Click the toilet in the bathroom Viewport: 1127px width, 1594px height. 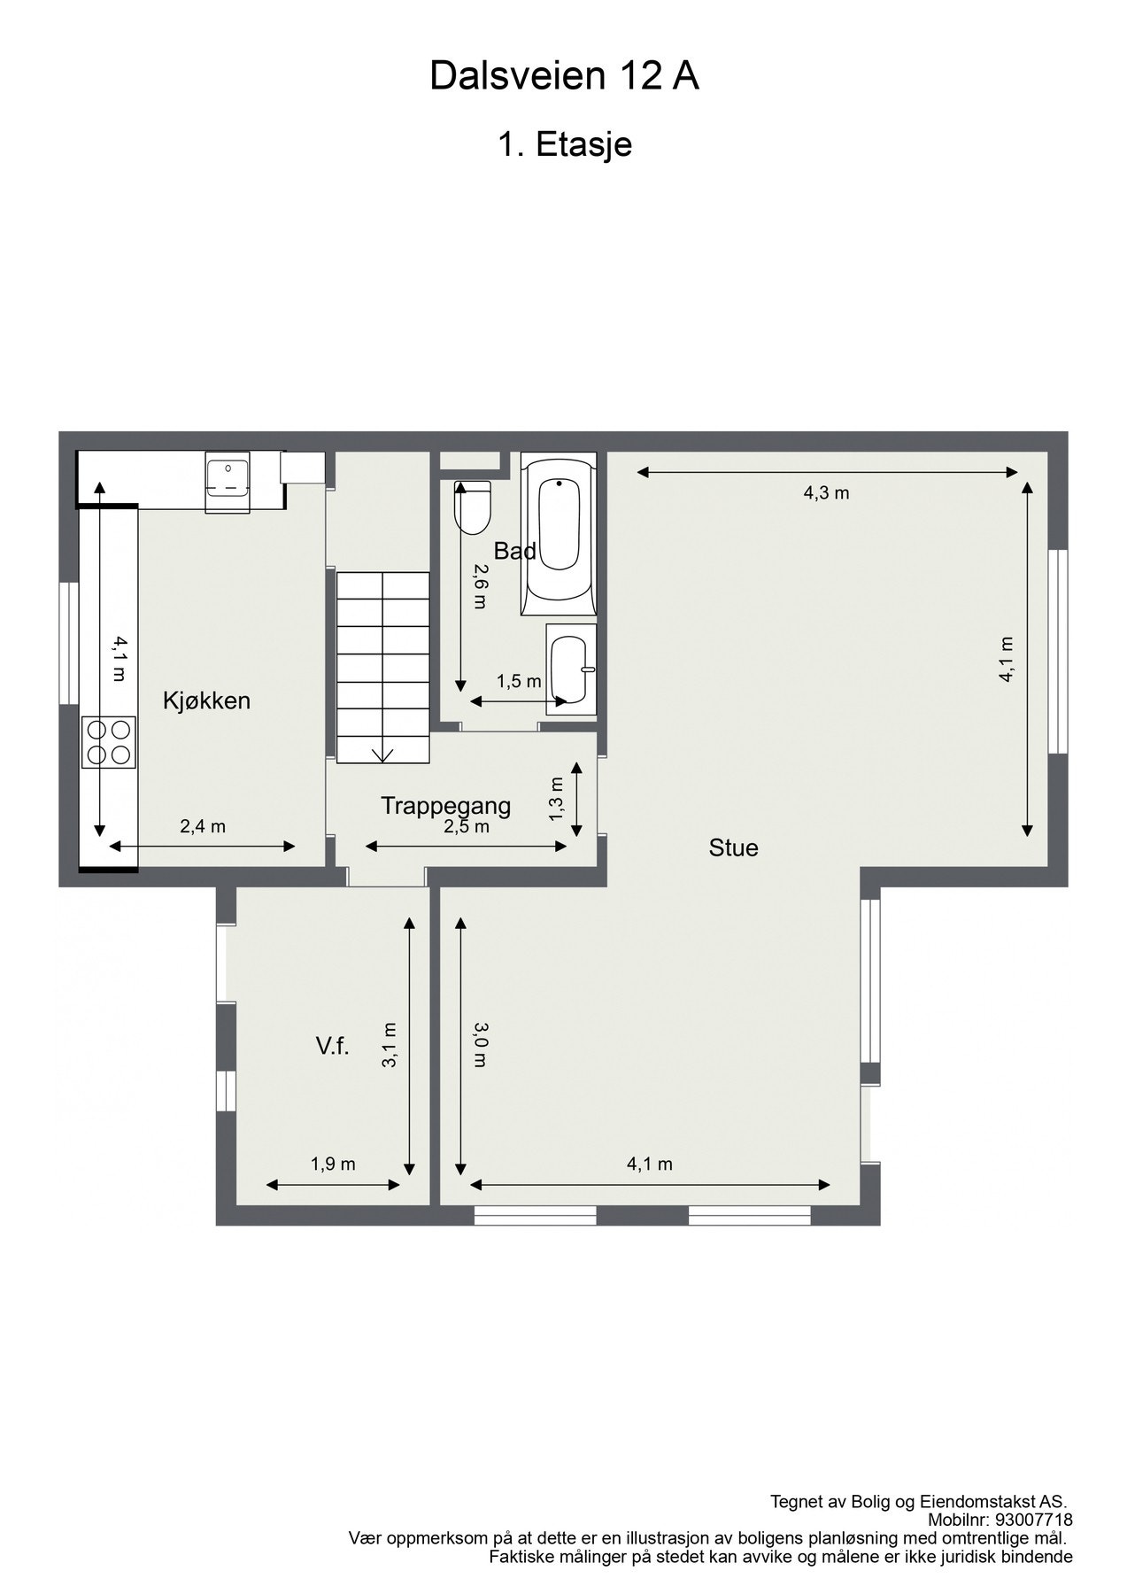point(471,507)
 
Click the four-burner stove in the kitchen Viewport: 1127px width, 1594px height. point(109,742)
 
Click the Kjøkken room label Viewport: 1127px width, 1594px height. point(206,700)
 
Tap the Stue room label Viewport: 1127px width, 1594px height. point(733,847)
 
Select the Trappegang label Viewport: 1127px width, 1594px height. point(445,805)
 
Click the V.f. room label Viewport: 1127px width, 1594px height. point(332,1046)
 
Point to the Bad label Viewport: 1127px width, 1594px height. point(514,551)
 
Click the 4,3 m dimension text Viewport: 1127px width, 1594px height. point(826,493)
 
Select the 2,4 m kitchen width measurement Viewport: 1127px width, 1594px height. point(203,826)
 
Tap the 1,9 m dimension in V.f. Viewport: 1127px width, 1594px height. point(333,1164)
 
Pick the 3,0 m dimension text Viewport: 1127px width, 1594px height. point(479,1044)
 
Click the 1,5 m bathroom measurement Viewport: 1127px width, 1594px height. point(519,681)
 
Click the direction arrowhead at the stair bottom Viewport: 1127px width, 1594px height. point(382,754)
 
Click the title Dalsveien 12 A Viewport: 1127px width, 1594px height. point(564,77)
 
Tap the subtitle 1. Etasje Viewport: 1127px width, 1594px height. point(564,144)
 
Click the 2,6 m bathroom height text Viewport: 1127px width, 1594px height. point(479,586)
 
